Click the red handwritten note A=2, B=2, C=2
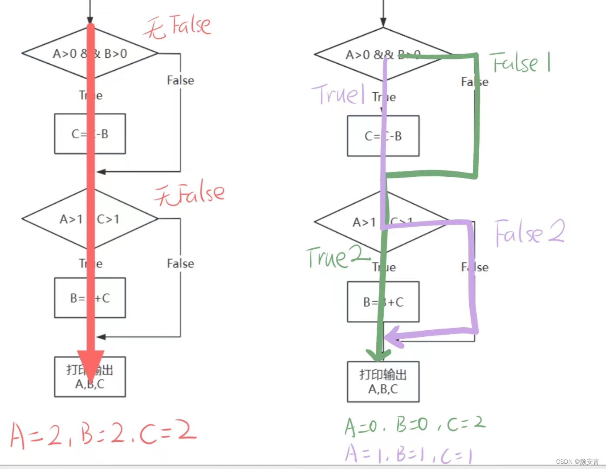(103, 434)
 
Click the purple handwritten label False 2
(530, 232)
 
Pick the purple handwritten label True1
(338, 94)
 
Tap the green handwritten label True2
(336, 257)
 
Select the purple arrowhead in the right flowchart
(393, 338)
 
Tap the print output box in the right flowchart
(383, 382)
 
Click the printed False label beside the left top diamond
(181, 80)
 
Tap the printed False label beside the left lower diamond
(181, 264)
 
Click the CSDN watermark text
(577, 462)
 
